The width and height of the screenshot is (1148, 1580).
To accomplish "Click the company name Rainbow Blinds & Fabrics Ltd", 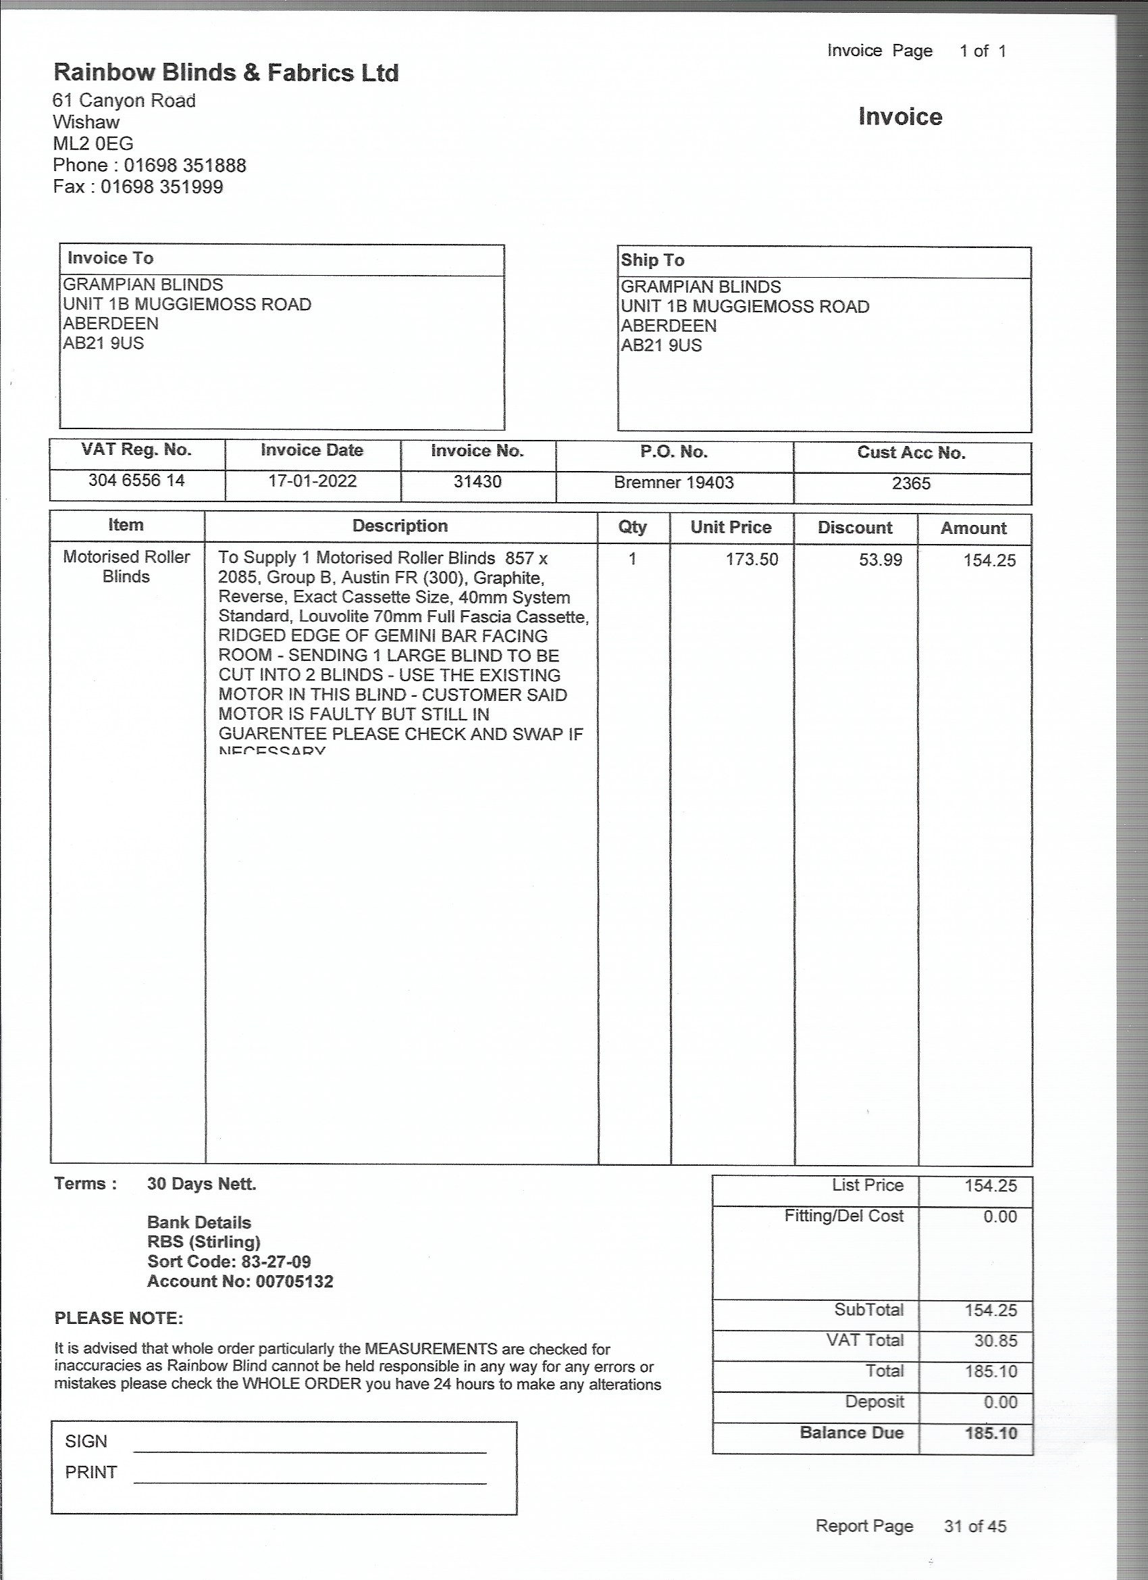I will tap(226, 73).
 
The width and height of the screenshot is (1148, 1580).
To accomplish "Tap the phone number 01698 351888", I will tap(184, 166).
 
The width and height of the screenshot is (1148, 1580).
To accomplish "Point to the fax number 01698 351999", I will tap(161, 187).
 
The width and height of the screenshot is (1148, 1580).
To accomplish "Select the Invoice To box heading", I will tap(110, 258).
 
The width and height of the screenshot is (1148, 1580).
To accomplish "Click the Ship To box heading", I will tap(652, 261).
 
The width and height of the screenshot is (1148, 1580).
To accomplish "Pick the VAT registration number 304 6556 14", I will tap(136, 480).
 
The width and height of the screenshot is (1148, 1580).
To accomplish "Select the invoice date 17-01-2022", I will tap(312, 481).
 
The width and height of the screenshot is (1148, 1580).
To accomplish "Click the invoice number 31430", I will tap(477, 482).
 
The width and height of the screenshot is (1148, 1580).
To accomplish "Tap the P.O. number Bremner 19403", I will tap(673, 483).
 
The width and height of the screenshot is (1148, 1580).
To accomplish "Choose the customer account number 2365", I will tap(910, 483).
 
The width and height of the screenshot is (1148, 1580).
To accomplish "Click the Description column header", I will tap(400, 526).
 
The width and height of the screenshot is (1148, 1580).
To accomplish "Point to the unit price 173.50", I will tap(751, 560).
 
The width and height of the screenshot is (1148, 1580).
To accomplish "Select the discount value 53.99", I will tap(880, 560).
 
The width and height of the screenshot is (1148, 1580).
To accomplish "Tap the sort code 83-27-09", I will tap(276, 1262).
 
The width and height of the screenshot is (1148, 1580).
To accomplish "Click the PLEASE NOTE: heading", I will tap(118, 1318).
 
